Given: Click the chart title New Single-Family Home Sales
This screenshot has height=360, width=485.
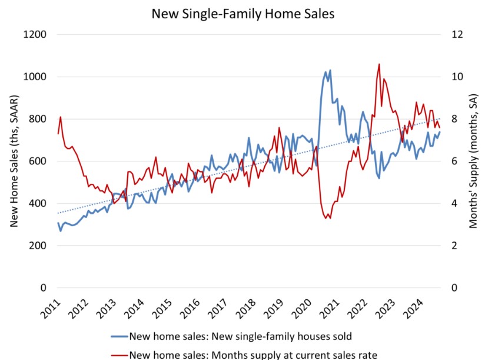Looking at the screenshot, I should click(242, 13).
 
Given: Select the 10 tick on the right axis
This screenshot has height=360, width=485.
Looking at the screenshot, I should click(456, 77).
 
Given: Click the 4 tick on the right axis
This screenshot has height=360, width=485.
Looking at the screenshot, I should click(453, 203).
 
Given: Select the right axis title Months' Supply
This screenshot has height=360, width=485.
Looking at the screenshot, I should click(473, 161).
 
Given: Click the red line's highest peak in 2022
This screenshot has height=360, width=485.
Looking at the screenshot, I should click(379, 64).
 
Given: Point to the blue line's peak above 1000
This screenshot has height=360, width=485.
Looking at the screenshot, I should click(330, 70).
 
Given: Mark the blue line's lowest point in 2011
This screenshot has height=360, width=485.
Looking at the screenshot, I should click(61, 230).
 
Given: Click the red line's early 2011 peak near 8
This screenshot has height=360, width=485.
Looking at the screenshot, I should click(61, 117).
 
